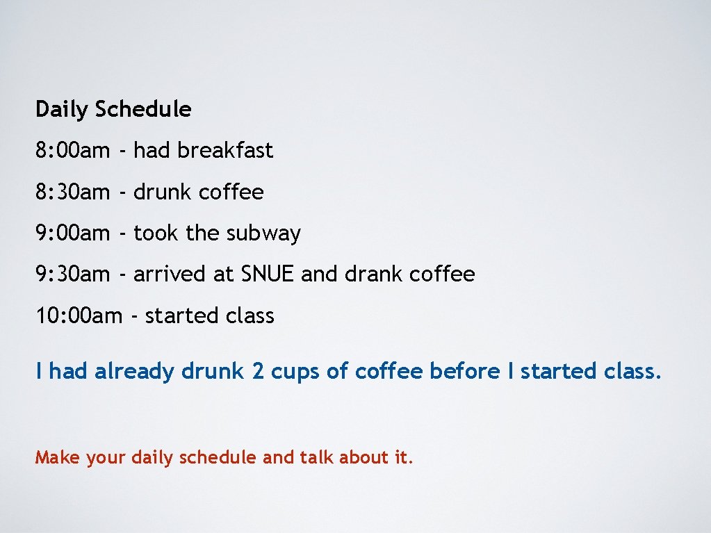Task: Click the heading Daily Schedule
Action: click(x=113, y=109)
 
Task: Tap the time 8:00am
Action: click(x=72, y=150)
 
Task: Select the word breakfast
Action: click(x=225, y=150)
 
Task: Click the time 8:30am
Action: click(x=72, y=192)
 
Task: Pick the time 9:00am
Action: click(x=72, y=233)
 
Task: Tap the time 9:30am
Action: click(x=72, y=274)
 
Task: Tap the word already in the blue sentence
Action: click(x=134, y=372)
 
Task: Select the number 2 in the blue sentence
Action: click(x=258, y=371)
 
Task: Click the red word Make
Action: click(x=58, y=457)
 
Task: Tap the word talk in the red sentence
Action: click(x=316, y=457)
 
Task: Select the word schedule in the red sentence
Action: click(x=218, y=457)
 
